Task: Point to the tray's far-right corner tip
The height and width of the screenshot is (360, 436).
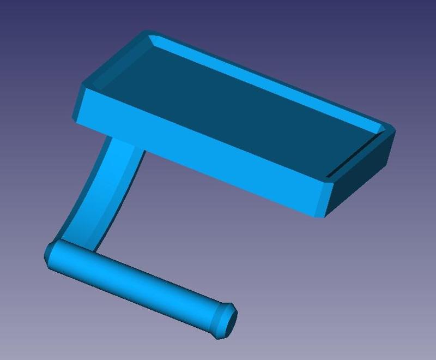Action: tap(393, 131)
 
